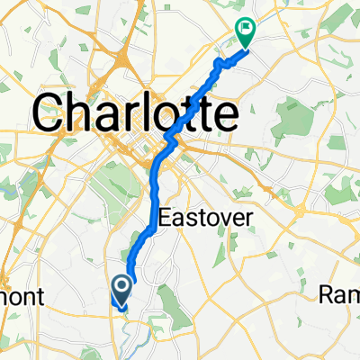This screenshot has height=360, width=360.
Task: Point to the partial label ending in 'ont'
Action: point(16,296)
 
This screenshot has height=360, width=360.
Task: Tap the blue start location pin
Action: point(121,289)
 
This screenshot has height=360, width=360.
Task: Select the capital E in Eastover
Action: point(164,218)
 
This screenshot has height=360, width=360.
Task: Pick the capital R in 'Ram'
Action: point(329,294)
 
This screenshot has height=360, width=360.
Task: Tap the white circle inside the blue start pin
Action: point(121,286)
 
